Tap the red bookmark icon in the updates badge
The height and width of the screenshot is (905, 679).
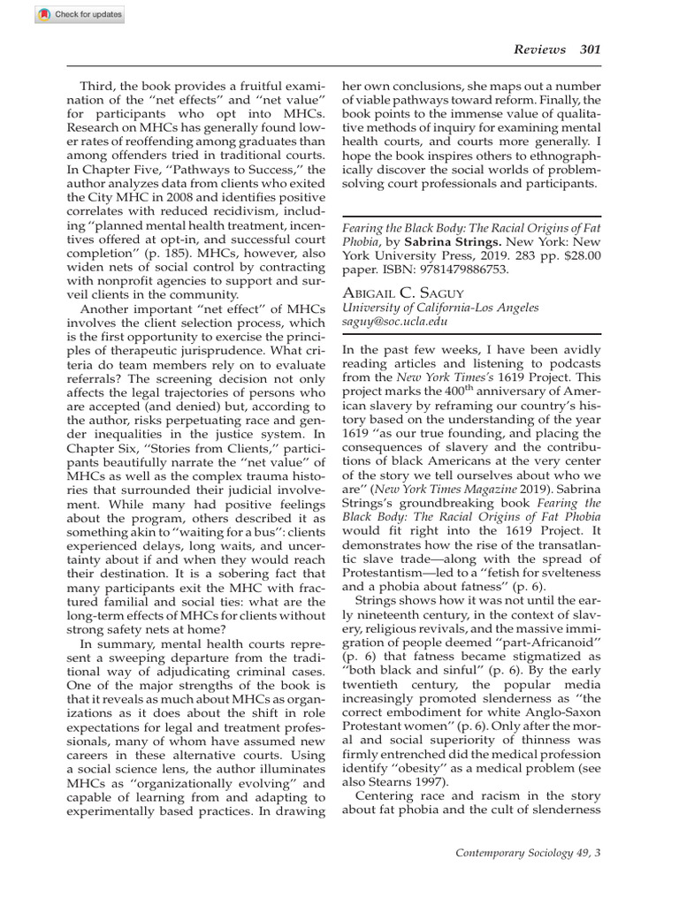click(18, 15)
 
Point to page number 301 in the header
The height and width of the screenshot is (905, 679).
click(590, 49)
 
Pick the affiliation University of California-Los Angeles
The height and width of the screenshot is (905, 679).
click(439, 308)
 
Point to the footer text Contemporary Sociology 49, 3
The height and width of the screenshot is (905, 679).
click(527, 853)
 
